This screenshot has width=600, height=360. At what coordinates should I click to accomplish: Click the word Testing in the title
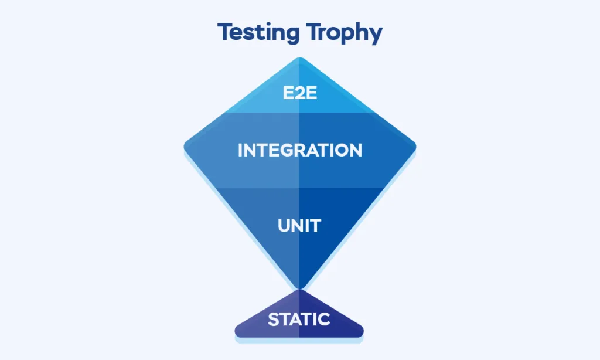[x=258, y=32]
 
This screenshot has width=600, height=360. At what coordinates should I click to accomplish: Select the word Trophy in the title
[x=345, y=33]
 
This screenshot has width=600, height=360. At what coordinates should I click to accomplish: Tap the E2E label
[x=300, y=93]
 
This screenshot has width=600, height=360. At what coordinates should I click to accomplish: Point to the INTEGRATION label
[x=300, y=150]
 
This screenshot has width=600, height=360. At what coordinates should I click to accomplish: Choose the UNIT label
[x=299, y=226]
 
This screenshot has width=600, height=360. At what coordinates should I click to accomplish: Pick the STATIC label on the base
[x=299, y=320]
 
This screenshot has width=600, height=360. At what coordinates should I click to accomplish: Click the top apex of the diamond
[x=300, y=58]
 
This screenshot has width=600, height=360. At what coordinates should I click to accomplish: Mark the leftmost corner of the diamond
[x=185, y=147]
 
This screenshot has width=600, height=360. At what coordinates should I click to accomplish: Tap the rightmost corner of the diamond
[x=415, y=147]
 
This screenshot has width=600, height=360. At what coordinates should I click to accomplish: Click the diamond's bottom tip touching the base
[x=299, y=288]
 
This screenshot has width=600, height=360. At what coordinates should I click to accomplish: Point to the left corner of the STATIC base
[x=236, y=332]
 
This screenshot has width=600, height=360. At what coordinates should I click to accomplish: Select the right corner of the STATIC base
[x=362, y=332]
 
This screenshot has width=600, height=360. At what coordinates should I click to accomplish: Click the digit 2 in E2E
[x=300, y=93]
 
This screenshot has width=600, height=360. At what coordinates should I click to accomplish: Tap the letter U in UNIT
[x=284, y=226]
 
